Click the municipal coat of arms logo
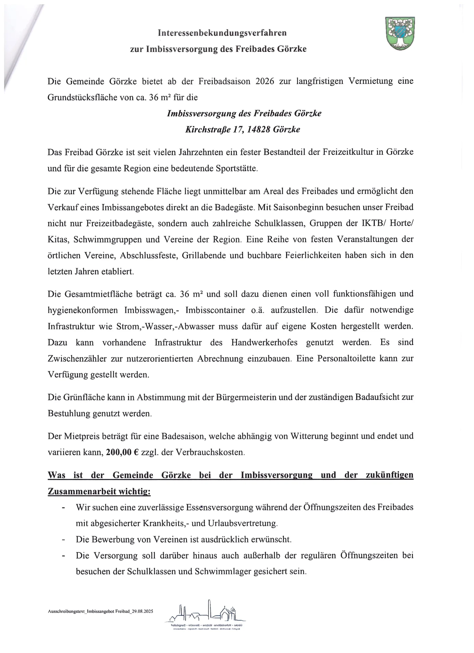click(400, 33)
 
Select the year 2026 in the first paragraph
click(265, 81)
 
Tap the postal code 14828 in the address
click(260, 130)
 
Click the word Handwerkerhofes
click(264, 342)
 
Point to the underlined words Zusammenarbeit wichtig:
click(99, 491)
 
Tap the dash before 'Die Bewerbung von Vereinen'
click(63, 540)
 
